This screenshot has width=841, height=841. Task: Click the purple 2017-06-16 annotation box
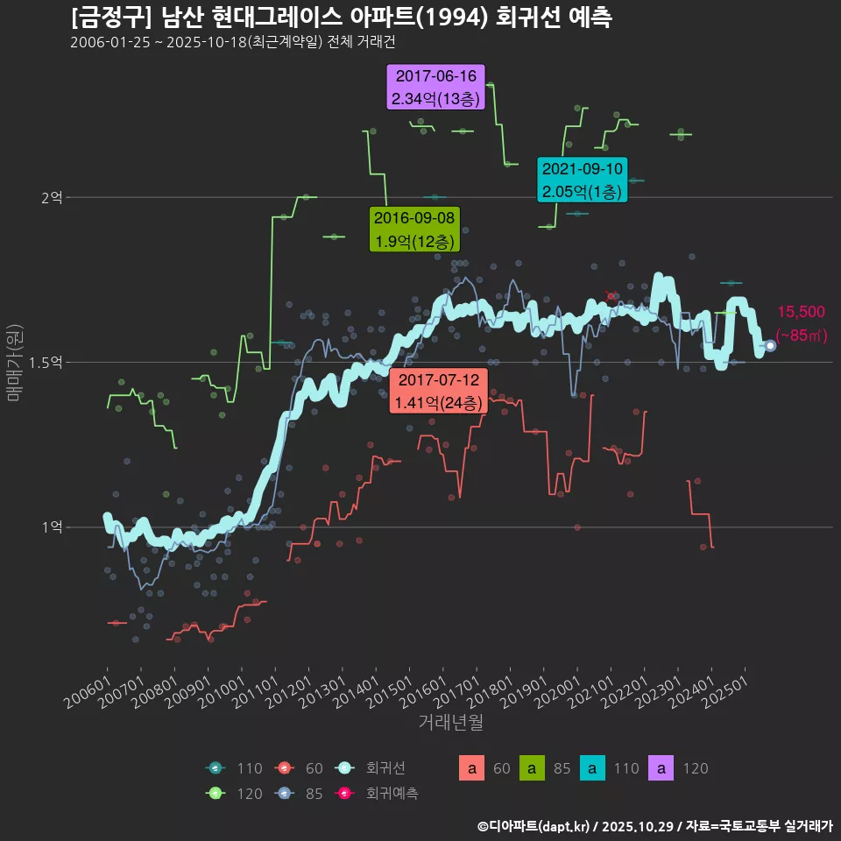pyautogui.click(x=436, y=88)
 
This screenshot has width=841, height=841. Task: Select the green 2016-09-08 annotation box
pyautogui.click(x=414, y=230)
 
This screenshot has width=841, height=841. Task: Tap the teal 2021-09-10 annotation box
pyautogui.click(x=582, y=180)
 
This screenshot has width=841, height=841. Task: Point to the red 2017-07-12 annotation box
pyautogui.click(x=437, y=391)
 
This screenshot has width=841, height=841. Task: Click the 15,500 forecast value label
pyautogui.click(x=801, y=312)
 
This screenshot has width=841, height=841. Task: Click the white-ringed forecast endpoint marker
pyautogui.click(x=770, y=345)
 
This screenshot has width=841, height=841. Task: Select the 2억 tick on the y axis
pyautogui.click(x=51, y=198)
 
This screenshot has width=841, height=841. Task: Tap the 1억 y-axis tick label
pyautogui.click(x=51, y=527)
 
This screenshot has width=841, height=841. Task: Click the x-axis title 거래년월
pyautogui.click(x=450, y=722)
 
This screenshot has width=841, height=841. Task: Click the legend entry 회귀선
pyautogui.click(x=385, y=768)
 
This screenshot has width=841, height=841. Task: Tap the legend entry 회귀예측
pyautogui.click(x=392, y=794)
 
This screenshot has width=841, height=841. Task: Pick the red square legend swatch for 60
pyautogui.click(x=472, y=768)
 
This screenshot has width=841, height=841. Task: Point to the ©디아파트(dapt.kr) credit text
pyautogui.click(x=534, y=825)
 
